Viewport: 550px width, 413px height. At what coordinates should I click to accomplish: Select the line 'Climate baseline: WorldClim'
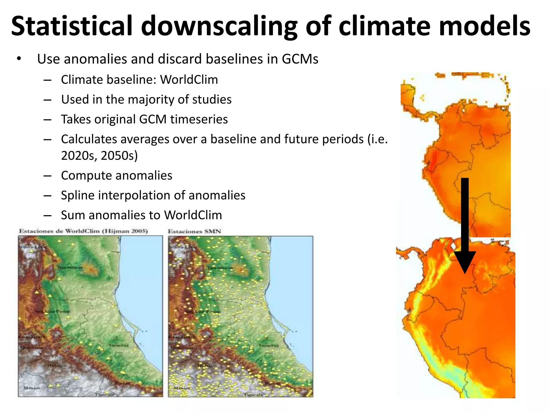click(x=139, y=80)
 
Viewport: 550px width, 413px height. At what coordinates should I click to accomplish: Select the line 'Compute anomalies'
click(x=117, y=176)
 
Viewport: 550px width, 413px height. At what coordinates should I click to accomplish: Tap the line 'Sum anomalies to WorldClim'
click(x=141, y=215)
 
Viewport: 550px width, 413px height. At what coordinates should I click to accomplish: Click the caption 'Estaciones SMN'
click(x=194, y=231)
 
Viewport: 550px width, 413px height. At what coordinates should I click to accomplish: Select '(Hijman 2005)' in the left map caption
click(x=125, y=231)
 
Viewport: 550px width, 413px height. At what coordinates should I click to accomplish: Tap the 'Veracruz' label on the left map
click(x=118, y=345)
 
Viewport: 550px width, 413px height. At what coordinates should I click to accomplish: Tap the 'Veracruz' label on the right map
click(x=269, y=345)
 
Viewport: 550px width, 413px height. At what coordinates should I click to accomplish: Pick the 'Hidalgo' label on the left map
click(x=56, y=366)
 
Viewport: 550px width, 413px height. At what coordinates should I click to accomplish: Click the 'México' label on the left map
click(x=32, y=388)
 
